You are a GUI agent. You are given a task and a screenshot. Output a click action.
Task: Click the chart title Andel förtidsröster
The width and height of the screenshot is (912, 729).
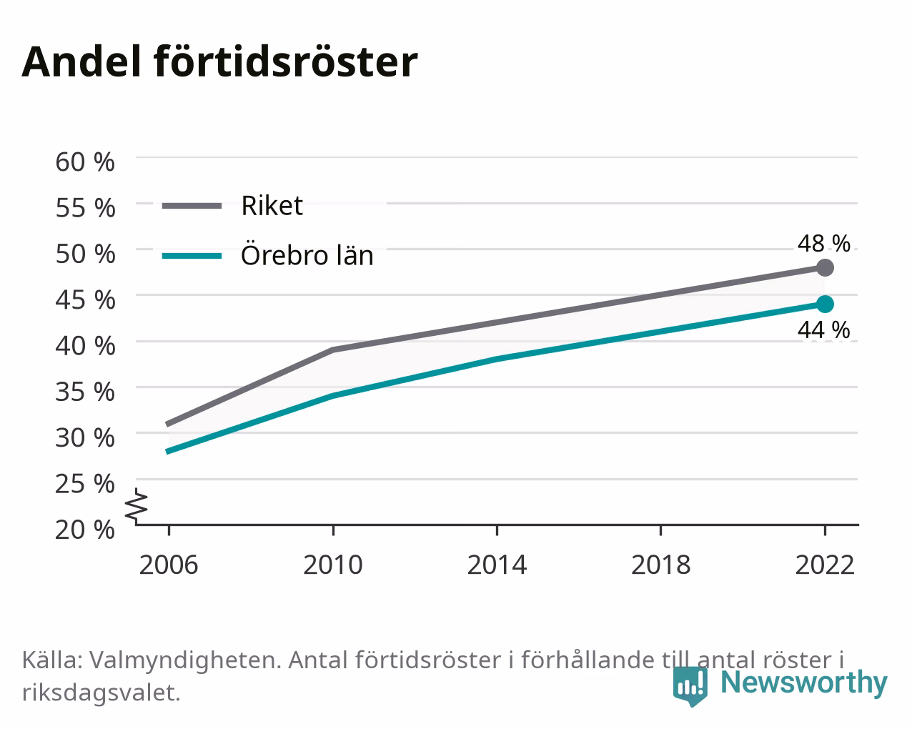pos(219,62)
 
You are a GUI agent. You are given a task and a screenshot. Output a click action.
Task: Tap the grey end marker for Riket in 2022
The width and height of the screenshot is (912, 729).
pos(825,267)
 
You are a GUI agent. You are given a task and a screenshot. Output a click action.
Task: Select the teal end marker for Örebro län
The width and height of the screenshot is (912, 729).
pos(825,304)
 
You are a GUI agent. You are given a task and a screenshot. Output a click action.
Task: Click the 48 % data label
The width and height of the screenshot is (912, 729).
pos(824,243)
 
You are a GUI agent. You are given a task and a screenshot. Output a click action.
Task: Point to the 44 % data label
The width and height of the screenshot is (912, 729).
pos(824,329)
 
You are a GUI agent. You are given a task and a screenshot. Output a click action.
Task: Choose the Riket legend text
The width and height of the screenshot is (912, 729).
pos(272,206)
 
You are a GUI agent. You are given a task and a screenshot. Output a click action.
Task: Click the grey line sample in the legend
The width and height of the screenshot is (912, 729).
pos(192,206)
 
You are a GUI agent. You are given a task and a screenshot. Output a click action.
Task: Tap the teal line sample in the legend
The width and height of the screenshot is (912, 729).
pos(192,256)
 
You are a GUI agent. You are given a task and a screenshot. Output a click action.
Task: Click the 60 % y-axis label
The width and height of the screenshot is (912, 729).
pos(85,162)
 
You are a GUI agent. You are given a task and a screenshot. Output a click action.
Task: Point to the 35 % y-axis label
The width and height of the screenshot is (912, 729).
pos(85,392)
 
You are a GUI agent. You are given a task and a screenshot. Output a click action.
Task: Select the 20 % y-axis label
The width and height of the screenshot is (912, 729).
pos(85,530)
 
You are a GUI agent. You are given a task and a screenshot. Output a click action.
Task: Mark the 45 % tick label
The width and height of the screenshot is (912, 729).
pos(85,299)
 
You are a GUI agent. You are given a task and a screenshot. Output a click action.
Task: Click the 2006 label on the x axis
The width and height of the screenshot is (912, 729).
pos(169,565)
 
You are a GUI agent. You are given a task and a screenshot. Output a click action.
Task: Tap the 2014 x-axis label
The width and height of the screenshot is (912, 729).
pos(497,565)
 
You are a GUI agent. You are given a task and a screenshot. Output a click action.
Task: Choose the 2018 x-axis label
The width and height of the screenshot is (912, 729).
pos(660,565)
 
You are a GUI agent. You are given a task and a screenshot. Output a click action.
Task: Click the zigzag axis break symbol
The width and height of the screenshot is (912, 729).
pos(137,505)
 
